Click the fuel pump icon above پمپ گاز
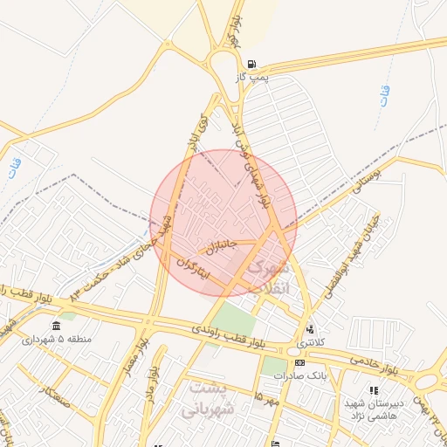coord(251,64)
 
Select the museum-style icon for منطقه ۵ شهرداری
coord(56,327)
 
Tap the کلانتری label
coord(310,343)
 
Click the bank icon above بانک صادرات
coord(299,362)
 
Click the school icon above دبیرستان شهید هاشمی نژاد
coord(373,390)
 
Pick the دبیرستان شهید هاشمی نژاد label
coord(373,410)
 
